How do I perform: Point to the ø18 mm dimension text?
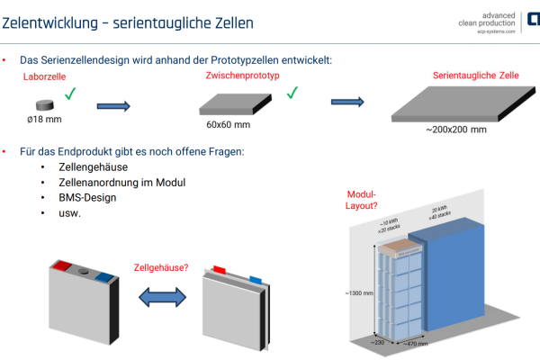(x=45, y=119)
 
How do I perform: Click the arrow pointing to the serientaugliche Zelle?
(x=349, y=103)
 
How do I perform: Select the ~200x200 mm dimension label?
(x=455, y=130)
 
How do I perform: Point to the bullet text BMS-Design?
(x=94, y=198)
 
